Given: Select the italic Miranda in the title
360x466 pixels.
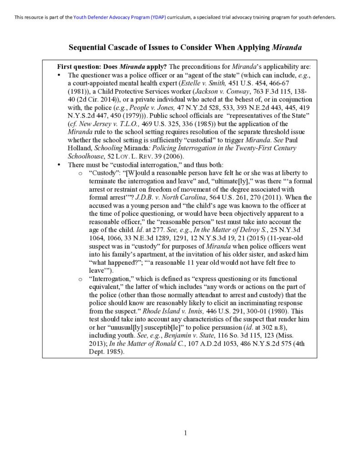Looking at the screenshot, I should click(x=287, y=47).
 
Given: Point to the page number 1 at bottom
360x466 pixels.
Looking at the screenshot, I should click(x=186, y=433).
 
